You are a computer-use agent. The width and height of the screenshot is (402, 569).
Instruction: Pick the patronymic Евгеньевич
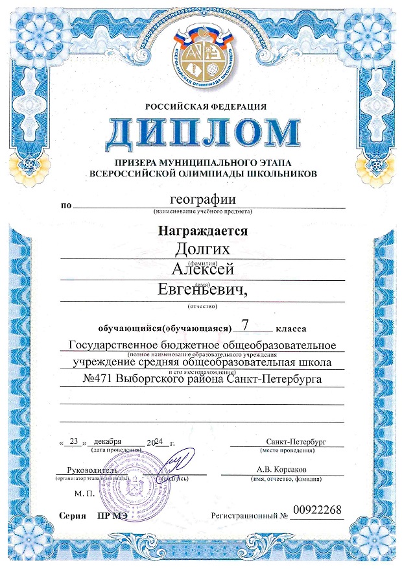(x=202, y=290)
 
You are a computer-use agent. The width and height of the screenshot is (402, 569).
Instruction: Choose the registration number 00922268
(x=317, y=511)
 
